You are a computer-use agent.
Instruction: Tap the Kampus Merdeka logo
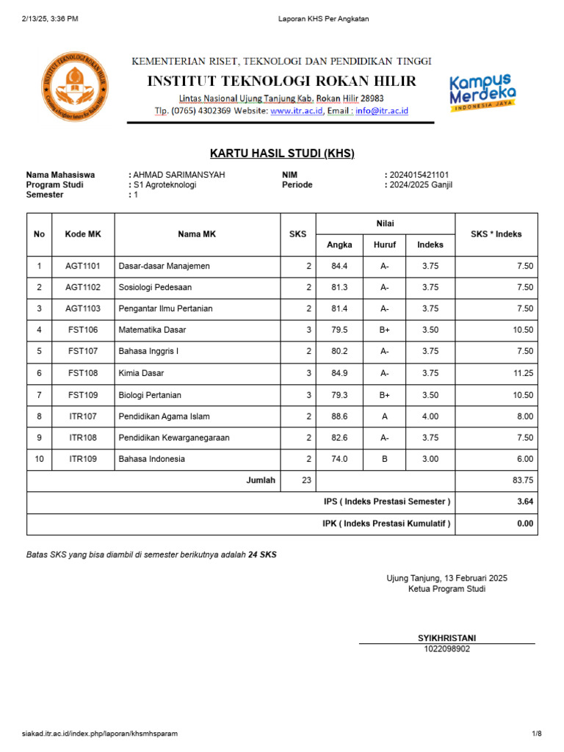pyautogui.click(x=482, y=92)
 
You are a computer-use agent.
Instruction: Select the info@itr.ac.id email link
pyautogui.click(x=381, y=112)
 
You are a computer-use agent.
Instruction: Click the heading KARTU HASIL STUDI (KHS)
pyautogui.click(x=282, y=153)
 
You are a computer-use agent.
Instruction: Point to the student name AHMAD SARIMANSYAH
pyautogui.click(x=178, y=175)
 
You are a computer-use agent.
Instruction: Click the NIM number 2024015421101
pyautogui.click(x=419, y=175)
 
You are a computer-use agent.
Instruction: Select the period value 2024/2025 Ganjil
pyautogui.click(x=422, y=185)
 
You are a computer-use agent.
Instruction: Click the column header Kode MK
pyautogui.click(x=83, y=234)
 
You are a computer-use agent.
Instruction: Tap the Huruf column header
pyautogui.click(x=385, y=245)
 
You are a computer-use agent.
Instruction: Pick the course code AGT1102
pyautogui.click(x=83, y=287)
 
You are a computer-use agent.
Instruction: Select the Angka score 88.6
pyautogui.click(x=339, y=416)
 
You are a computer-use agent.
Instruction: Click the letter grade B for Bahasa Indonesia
pyautogui.click(x=385, y=459)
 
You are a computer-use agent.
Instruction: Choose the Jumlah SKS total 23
pyautogui.click(x=306, y=480)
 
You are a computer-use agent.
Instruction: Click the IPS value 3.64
pyautogui.click(x=524, y=502)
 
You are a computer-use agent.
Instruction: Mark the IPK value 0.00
pyautogui.click(x=524, y=524)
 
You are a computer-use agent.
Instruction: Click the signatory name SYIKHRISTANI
pyautogui.click(x=446, y=638)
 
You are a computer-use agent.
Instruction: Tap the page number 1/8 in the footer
pyautogui.click(x=536, y=734)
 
